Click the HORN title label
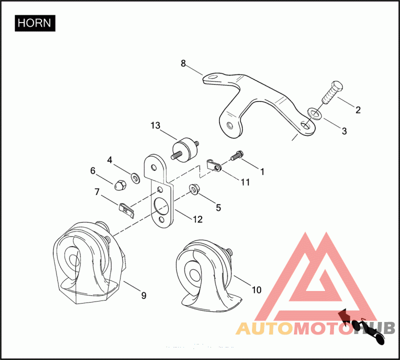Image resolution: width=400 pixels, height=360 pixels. click(34, 23)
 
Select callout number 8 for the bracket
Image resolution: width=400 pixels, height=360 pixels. click(183, 63)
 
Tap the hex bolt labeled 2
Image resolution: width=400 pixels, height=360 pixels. click(330, 93)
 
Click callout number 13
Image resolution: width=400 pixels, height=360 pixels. click(155, 125)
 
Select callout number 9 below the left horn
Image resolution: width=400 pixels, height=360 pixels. click(143, 295)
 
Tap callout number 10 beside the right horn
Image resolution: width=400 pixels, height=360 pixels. click(256, 289)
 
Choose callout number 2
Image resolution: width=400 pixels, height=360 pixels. click(357, 110)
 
